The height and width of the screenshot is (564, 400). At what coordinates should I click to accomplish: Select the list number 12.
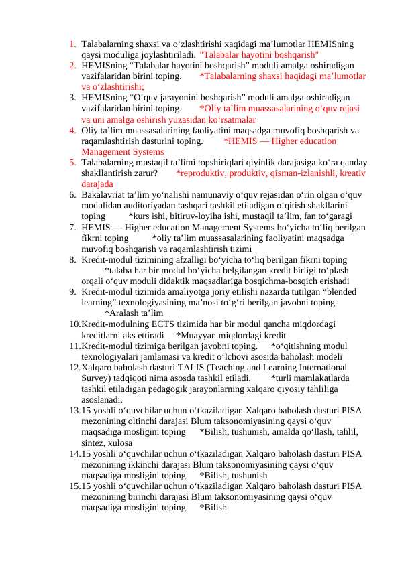click(74, 368)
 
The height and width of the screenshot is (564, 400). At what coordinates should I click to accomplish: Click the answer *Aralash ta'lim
click(134, 313)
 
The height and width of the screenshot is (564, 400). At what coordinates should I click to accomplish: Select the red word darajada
click(97, 184)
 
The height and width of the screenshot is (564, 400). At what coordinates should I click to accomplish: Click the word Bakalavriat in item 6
click(103, 195)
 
